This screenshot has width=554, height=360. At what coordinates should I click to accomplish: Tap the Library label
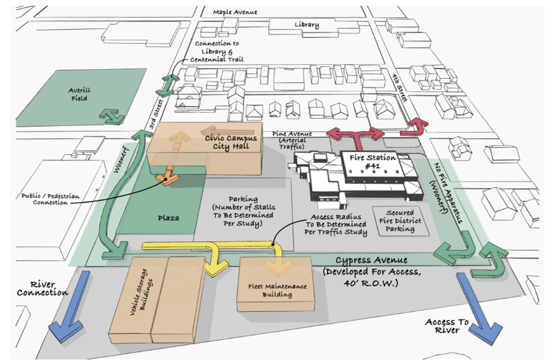click(306, 24)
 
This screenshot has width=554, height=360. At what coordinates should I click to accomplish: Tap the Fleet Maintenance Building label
click(277, 290)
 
